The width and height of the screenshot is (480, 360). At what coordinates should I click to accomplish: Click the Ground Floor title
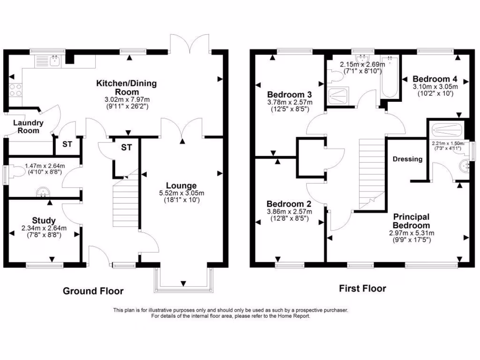pos(93,291)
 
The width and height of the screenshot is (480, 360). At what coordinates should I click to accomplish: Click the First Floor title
pos(362,288)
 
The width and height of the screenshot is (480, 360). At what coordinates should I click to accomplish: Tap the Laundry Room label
pos(28,127)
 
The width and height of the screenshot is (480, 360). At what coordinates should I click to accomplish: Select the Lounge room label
pos(180,186)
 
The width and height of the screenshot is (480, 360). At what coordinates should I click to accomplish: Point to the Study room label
pos(44,220)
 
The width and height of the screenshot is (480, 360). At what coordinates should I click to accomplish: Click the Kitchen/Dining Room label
pos(127,87)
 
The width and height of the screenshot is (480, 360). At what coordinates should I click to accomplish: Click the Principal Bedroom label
pos(411,221)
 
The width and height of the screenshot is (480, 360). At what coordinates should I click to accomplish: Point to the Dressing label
pos(407,159)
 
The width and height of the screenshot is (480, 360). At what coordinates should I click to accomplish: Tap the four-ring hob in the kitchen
pos(15,89)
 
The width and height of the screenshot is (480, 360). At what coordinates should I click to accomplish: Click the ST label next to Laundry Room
pos(67,144)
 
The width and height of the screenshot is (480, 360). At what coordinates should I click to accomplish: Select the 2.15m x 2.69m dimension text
pos(362,64)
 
